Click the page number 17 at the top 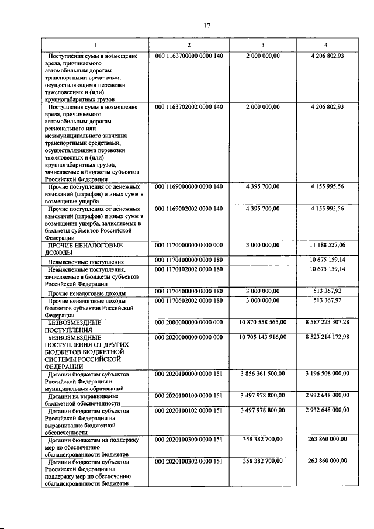(x=206, y=25)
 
